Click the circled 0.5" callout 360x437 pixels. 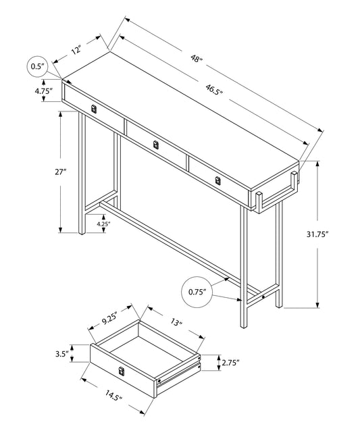tap(38, 66)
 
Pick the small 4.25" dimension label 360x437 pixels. tap(103, 223)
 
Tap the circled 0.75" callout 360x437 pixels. tap(198, 292)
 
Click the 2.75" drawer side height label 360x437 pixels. tap(230, 363)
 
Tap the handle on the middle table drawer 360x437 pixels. tap(155, 144)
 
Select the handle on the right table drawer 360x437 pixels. tap(217, 180)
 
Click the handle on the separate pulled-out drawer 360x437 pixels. tap(122, 370)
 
